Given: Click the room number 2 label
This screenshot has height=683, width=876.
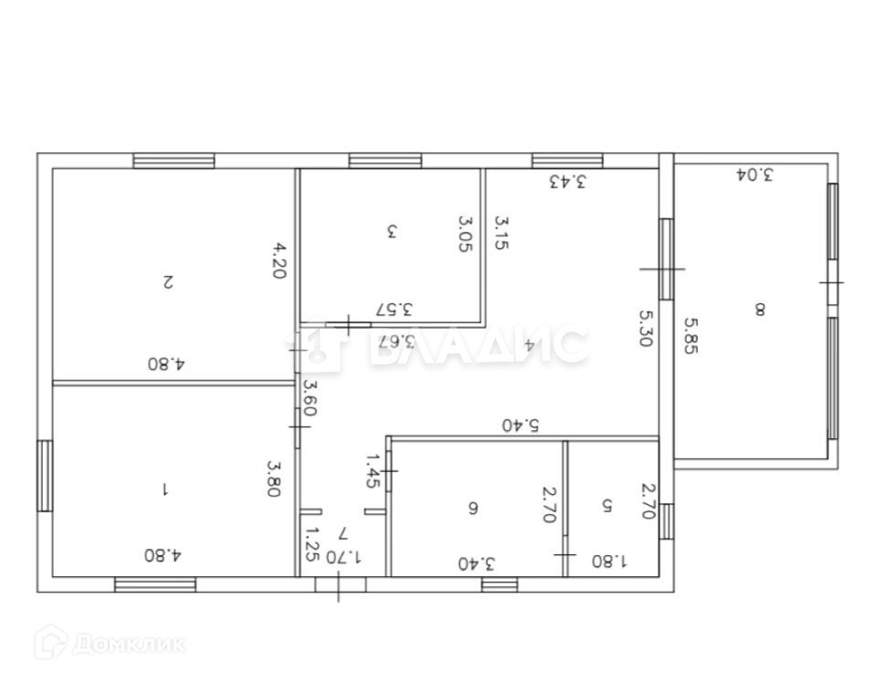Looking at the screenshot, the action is pyautogui.click(x=167, y=281).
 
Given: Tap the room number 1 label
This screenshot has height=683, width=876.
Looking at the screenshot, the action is pyautogui.click(x=164, y=490).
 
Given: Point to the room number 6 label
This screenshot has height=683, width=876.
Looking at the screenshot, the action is pyautogui.click(x=472, y=509).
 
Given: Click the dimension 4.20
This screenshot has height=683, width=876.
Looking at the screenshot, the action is pyautogui.click(x=280, y=259).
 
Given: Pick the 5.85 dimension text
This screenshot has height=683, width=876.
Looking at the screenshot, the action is pyautogui.click(x=691, y=335).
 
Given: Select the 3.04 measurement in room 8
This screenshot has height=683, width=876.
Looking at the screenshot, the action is pyautogui.click(x=755, y=174).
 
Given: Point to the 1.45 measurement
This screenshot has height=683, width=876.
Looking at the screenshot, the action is pyautogui.click(x=373, y=471).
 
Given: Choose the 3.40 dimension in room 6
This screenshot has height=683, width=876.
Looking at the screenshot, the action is pyautogui.click(x=477, y=563).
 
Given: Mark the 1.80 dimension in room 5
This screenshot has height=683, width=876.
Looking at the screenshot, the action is pyautogui.click(x=609, y=561).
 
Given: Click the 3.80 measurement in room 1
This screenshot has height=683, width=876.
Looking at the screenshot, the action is pyautogui.click(x=274, y=478).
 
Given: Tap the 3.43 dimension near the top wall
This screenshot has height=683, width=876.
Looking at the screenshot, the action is pyautogui.click(x=567, y=182).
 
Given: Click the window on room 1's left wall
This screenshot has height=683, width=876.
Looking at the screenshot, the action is pyautogui.click(x=45, y=476).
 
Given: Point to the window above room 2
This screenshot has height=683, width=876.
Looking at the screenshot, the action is pyautogui.click(x=174, y=161).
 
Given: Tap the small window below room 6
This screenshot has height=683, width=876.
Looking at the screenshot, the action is pyautogui.click(x=500, y=584).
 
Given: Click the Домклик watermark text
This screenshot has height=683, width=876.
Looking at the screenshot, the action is pyautogui.click(x=129, y=645).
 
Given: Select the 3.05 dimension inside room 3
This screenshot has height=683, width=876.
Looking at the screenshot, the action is pyautogui.click(x=465, y=234).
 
